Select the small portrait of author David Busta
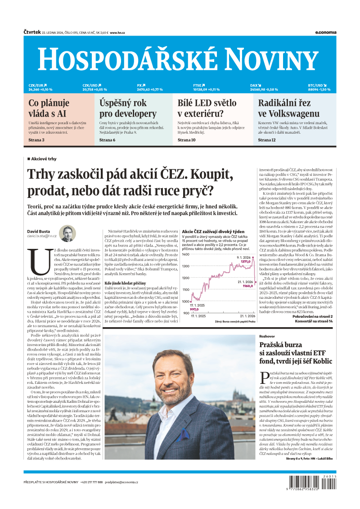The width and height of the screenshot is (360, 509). click(67, 234)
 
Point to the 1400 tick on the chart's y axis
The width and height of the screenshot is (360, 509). click(186, 255)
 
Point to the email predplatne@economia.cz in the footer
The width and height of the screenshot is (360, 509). click(121, 482)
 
